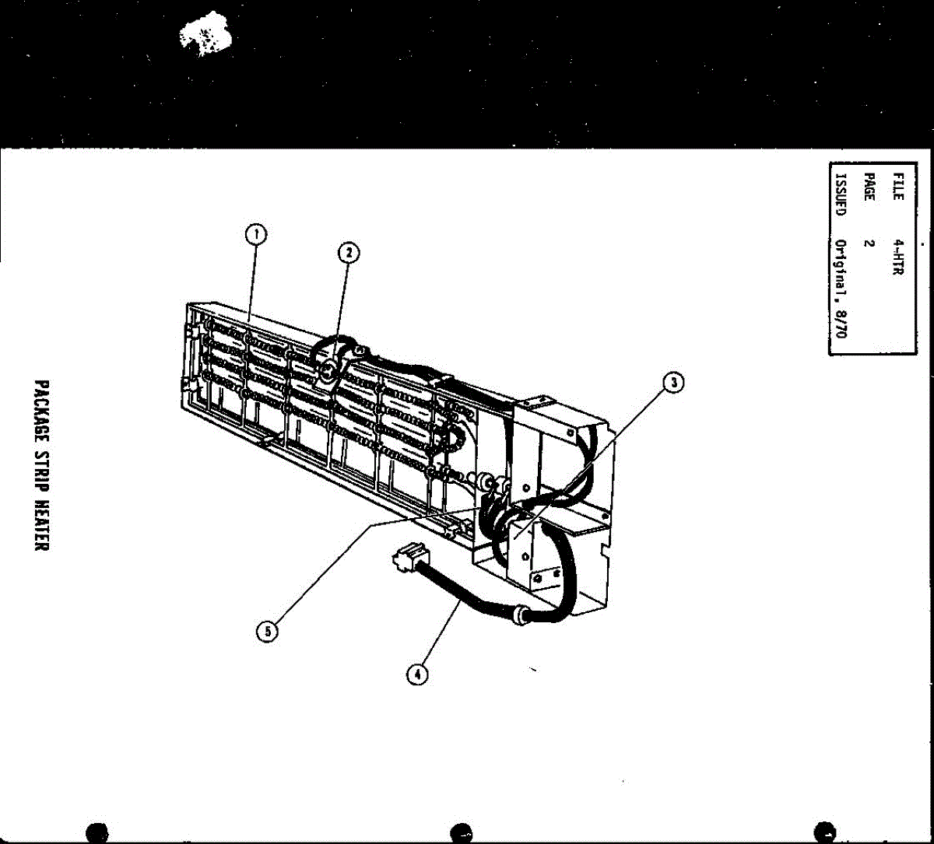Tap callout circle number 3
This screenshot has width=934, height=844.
click(x=673, y=382)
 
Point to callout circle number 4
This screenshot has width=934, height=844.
click(x=418, y=674)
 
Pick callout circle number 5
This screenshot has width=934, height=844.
click(x=267, y=632)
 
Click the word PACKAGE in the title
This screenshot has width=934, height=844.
click(x=43, y=415)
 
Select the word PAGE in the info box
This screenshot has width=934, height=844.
click(x=869, y=187)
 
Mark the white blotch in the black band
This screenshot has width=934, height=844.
click(x=206, y=35)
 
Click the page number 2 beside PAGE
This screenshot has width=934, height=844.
click(x=869, y=243)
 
